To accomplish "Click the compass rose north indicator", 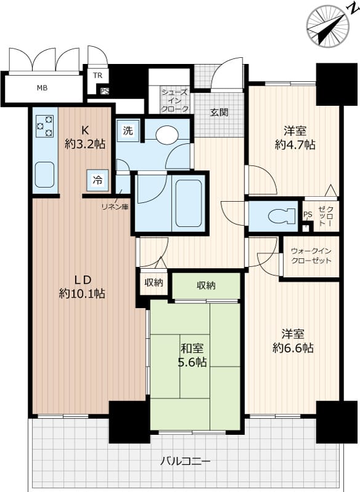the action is tap(328, 26).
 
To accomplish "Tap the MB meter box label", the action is tap(42, 88).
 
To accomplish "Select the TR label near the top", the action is tap(98, 76).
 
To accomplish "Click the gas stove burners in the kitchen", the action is tap(44, 126).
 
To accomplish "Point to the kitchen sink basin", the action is tap(44, 175).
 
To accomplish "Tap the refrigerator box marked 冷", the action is tap(98, 180).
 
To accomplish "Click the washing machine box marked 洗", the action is tap(128, 130).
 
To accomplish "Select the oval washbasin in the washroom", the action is tap(167, 135).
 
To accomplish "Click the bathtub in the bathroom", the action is tap(188, 204).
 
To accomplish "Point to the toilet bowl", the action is tap(280, 216).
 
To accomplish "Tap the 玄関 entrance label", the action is tap(219, 113).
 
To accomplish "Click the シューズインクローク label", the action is tap(175, 101).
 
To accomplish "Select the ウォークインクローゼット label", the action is tap(311, 256).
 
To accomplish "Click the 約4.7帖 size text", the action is tap(295, 145).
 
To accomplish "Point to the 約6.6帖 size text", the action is tap(293, 348).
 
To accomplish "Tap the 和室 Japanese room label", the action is tap(192, 348).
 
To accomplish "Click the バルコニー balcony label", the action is tap(185, 461).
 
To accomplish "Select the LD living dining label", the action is tap(82, 279).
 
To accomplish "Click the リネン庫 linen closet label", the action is tap(115, 207).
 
